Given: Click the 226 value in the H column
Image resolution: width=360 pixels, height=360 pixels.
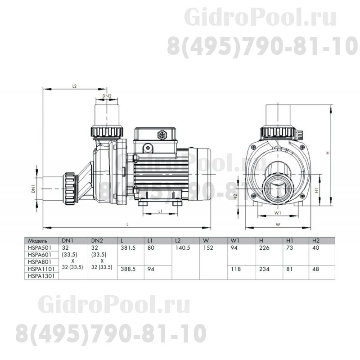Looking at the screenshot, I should coord(264,247).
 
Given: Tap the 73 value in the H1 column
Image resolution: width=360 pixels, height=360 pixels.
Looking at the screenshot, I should coord(290,247).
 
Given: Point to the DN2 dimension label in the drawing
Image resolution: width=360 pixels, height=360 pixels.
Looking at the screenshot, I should coord(107,96).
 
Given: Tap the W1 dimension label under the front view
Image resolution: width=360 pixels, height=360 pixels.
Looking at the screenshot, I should coord(278,212).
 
